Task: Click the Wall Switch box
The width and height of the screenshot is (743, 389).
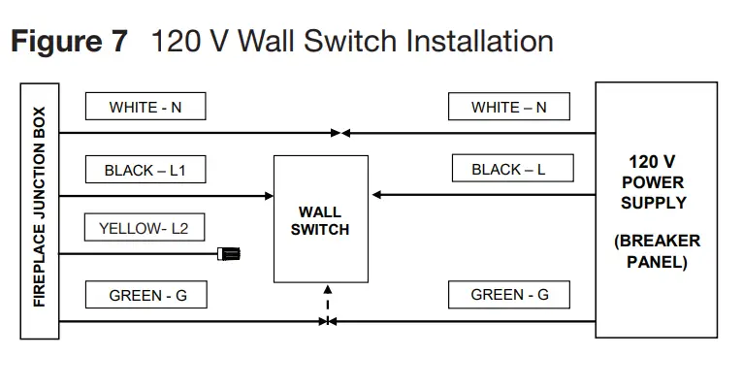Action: (320, 219)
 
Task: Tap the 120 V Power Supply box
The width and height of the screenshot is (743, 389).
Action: (656, 210)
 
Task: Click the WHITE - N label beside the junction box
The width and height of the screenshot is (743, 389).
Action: (145, 107)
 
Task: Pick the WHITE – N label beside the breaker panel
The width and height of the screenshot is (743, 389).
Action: (508, 107)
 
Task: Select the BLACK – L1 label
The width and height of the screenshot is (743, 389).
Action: (145, 170)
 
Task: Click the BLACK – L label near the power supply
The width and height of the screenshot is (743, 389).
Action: (508, 169)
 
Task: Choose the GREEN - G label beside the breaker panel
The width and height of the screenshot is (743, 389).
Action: (509, 295)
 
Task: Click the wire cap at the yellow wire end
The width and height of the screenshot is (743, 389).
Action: (229, 255)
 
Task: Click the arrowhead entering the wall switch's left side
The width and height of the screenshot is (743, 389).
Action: (269, 196)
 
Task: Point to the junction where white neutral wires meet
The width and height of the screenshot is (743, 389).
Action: (339, 133)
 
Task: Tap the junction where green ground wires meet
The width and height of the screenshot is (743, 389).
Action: (328, 321)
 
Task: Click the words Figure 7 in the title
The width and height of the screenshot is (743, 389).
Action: (68, 43)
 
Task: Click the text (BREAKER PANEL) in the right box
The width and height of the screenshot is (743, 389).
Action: (656, 251)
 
